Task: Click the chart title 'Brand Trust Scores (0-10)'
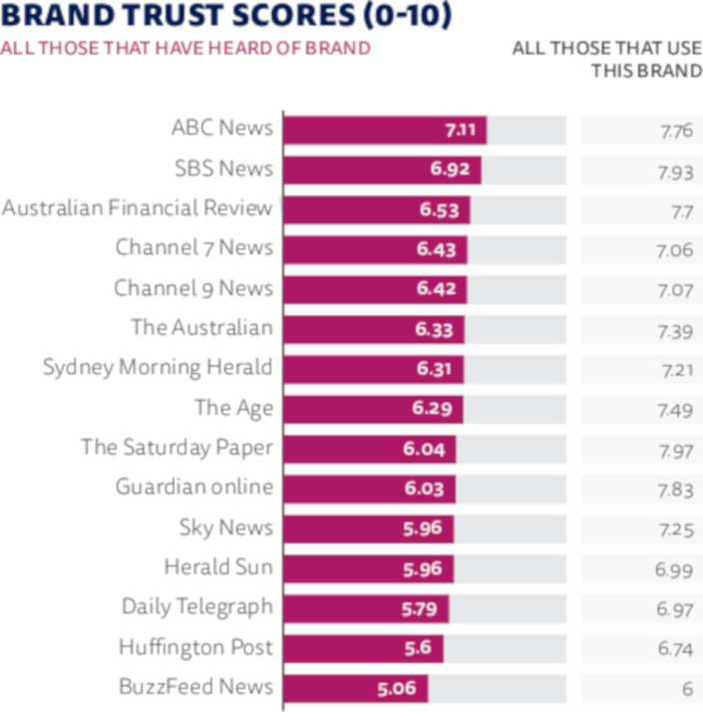pyautogui.click(x=226, y=16)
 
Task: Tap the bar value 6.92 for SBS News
pyautogui.click(x=451, y=170)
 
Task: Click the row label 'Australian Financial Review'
pyautogui.click(x=137, y=208)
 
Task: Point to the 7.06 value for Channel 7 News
pyautogui.click(x=674, y=249)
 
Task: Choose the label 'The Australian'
pyautogui.click(x=201, y=328)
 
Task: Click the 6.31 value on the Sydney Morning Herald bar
pyautogui.click(x=435, y=369)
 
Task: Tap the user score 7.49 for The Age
pyautogui.click(x=674, y=409)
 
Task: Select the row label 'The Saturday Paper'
pyautogui.click(x=176, y=448)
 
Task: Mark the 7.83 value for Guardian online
pyautogui.click(x=674, y=489)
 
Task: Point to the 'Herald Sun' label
pyautogui.click(x=218, y=567)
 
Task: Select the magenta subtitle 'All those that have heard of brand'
pyautogui.click(x=185, y=48)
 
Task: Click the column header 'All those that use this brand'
pyautogui.click(x=607, y=59)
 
